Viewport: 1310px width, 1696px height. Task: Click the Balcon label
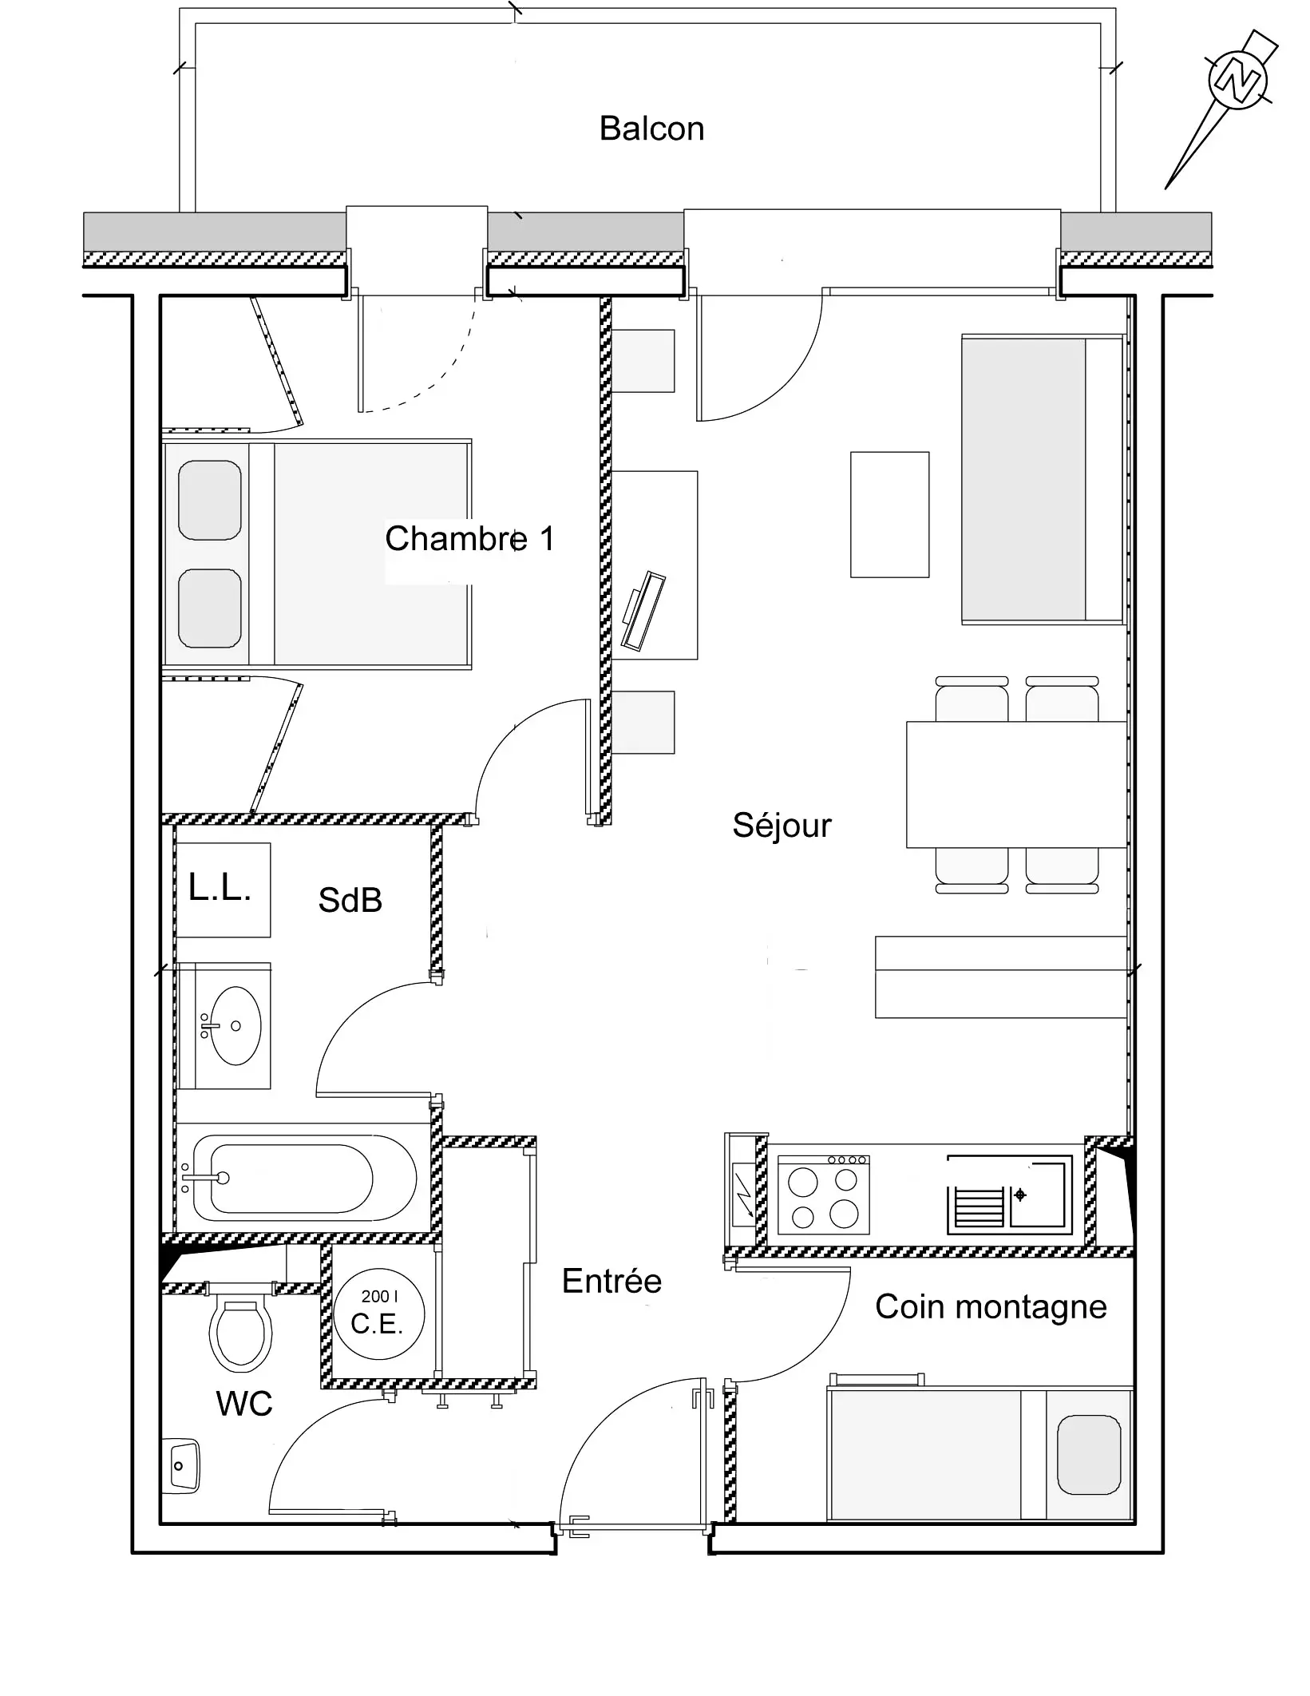(x=651, y=129)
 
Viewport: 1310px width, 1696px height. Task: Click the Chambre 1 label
(x=469, y=538)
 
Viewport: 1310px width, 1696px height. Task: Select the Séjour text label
(x=782, y=825)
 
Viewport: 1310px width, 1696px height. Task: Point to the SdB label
(x=350, y=900)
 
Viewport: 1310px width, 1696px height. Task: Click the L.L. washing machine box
(x=223, y=890)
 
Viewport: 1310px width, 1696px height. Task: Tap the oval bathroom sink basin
(x=235, y=1025)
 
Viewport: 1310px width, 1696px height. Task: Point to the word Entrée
(x=611, y=1281)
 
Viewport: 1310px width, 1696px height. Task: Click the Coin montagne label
(x=991, y=1307)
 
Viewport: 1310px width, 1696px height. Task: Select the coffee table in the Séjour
(x=889, y=514)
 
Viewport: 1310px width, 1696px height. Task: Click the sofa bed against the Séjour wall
(x=1043, y=479)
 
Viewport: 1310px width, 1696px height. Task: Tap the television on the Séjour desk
(x=643, y=610)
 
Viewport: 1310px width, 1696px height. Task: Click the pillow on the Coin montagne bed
(x=1089, y=1454)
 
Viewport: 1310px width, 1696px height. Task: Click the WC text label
(x=244, y=1404)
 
